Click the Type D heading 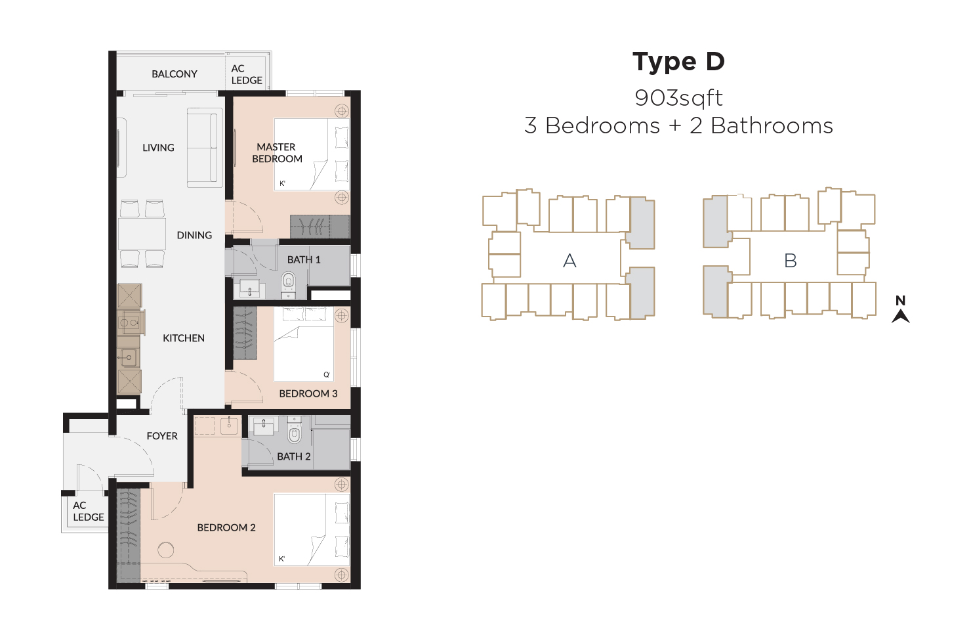tap(678, 62)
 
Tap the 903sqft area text tap(678, 98)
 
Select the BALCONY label tap(175, 74)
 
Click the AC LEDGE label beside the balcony tap(247, 74)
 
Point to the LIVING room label tap(158, 148)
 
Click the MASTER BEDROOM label tap(277, 153)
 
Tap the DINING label tap(194, 235)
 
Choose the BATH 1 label tap(304, 259)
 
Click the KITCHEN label tap(183, 338)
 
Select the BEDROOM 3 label tap(308, 393)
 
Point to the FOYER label tap(162, 436)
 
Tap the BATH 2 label tap(294, 456)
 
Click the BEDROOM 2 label tap(226, 527)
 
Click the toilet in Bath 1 tap(288, 284)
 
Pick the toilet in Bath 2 tap(294, 430)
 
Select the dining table tap(142, 234)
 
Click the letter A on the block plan tap(569, 261)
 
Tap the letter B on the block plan tap(790, 261)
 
